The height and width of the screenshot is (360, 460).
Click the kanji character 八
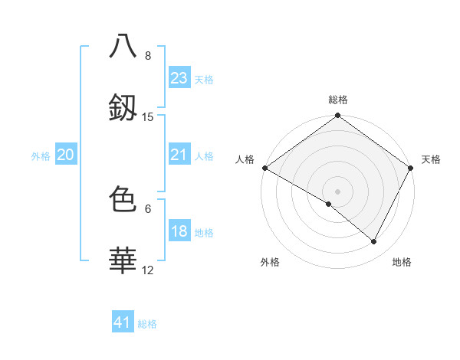[123, 45]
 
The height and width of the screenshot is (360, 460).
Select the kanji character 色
[123, 198]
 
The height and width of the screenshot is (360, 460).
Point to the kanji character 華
[123, 260]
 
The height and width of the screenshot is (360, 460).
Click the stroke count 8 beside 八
[147, 55]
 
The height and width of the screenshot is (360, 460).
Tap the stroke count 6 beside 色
[147, 208]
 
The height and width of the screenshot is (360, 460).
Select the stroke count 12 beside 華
[147, 270]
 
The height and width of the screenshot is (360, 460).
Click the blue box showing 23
[179, 78]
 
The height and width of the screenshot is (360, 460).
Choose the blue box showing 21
[179, 155]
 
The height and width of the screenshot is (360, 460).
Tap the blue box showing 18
[179, 231]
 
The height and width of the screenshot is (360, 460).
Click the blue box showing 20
[66, 155]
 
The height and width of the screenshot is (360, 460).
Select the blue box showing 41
[123, 322]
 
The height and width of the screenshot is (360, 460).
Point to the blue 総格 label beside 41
[147, 324]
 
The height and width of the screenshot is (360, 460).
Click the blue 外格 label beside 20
[41, 156]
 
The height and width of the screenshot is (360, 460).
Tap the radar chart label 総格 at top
[338, 100]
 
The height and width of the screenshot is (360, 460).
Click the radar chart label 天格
[431, 159]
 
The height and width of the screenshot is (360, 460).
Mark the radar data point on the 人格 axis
[264, 168]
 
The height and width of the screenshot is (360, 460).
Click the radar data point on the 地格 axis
[374, 241]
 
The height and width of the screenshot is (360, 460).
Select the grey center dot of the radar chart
[337, 191]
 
